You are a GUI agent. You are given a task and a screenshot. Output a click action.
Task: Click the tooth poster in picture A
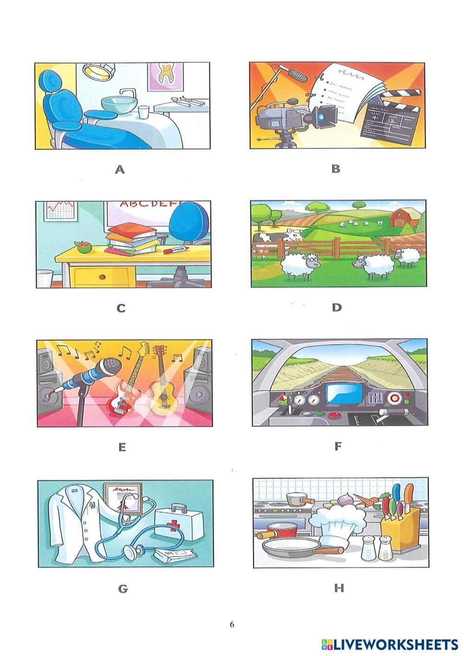166,76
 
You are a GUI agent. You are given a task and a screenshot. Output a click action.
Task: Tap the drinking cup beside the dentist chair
143,112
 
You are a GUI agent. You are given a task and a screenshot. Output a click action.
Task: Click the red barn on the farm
401,217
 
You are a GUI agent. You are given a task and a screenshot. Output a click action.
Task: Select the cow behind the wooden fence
277,242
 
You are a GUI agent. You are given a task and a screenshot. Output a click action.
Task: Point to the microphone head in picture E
110,367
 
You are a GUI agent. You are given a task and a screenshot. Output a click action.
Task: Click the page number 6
232,624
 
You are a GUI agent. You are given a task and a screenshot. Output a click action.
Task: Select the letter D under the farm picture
337,308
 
